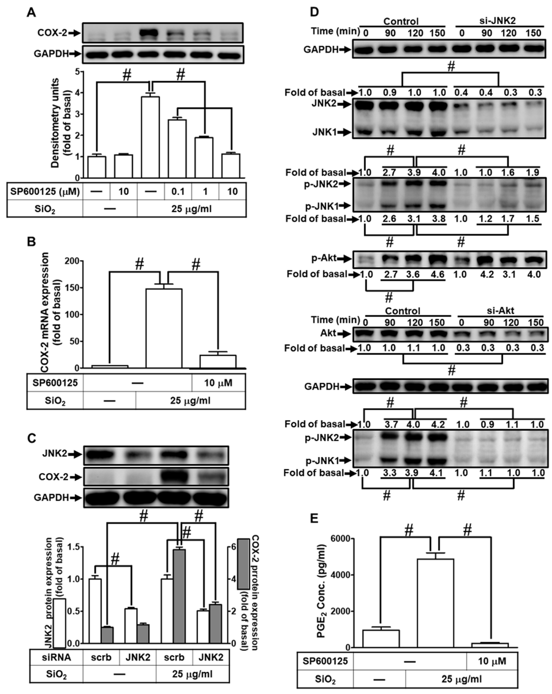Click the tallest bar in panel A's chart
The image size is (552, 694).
(x=150, y=137)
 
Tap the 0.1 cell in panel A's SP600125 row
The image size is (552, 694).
(x=178, y=192)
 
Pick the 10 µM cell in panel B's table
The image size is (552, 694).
(x=218, y=383)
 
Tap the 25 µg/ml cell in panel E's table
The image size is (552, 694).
(x=461, y=679)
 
